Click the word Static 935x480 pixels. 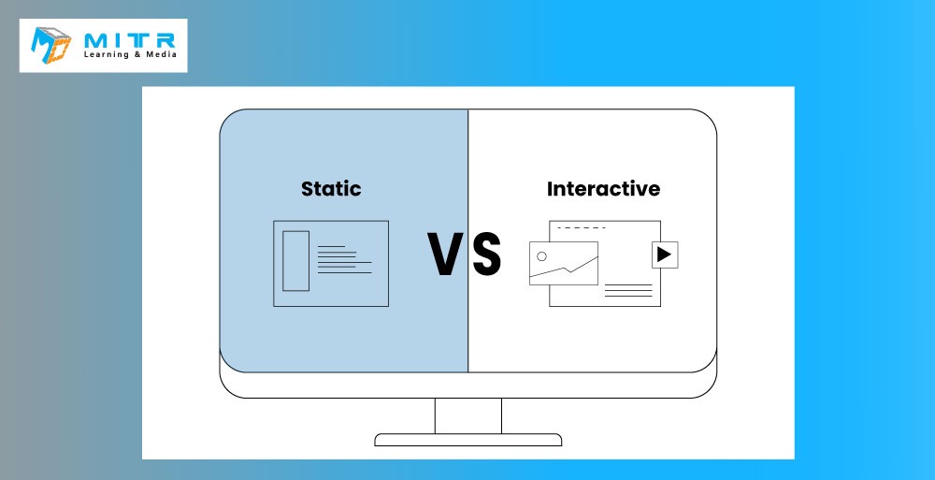[x=331, y=189]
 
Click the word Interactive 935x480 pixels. [x=603, y=189]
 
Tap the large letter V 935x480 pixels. [x=446, y=255]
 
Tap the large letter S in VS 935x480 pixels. [x=486, y=255]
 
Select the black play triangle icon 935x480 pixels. [x=664, y=255]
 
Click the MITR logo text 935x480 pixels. [x=130, y=40]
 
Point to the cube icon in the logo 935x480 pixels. [x=50, y=45]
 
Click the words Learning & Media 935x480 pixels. [x=130, y=54]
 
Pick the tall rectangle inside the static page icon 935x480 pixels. [x=295, y=261]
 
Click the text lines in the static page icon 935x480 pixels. [x=345, y=260]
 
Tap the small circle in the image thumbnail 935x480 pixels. [x=541, y=256]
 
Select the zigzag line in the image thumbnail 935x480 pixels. [x=564, y=268]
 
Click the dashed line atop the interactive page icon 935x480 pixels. [x=582, y=228]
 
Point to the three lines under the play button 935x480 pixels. [x=628, y=291]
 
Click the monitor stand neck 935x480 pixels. [x=468, y=415]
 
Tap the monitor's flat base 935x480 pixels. [x=468, y=440]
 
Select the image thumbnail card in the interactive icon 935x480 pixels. [x=564, y=263]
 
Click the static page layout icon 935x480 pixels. [x=331, y=263]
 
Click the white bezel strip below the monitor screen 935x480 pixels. [x=468, y=385]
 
